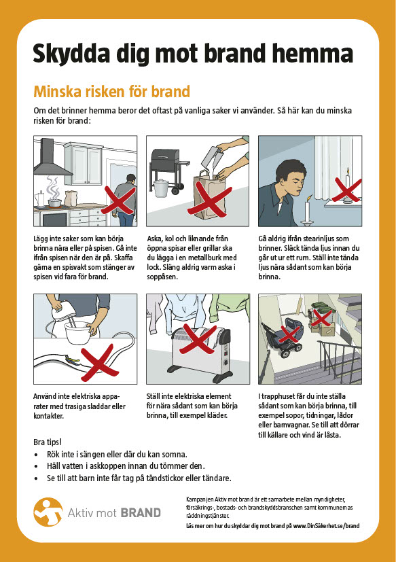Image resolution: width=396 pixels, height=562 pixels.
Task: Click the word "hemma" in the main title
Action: coord(312,53)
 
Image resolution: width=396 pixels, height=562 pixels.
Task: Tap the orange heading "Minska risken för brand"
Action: coord(111,91)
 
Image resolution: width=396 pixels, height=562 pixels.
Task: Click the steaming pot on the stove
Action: coord(54,203)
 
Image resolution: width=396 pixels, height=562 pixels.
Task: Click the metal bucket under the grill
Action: coord(161,188)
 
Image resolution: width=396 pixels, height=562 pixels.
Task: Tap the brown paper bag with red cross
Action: coord(210,195)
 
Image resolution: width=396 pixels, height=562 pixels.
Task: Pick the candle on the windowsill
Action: coord(347,188)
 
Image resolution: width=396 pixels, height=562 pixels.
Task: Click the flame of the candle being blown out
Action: coord(310,197)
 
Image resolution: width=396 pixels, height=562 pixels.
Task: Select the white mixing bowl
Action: coord(77,332)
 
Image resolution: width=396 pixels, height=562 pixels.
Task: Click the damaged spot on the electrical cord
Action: coord(72,358)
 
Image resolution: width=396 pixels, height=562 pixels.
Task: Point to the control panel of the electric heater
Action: coord(226,355)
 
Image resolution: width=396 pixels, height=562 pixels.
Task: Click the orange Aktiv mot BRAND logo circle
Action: coord(48,512)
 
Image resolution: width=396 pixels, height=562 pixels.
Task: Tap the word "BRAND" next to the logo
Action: coord(141,513)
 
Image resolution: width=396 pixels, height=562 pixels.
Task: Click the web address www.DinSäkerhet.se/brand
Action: coord(326,526)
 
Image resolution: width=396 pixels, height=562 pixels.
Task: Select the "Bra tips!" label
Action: coord(48,442)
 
